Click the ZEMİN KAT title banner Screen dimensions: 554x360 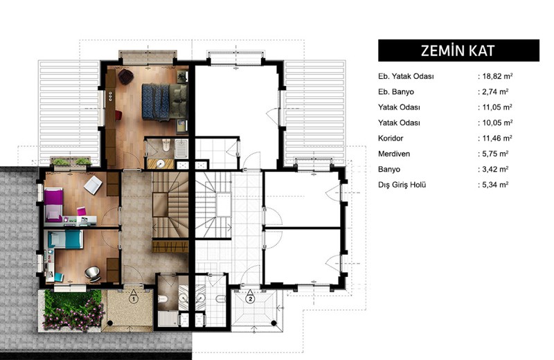[x=458, y=51]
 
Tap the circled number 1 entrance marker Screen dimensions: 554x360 [x=133, y=299]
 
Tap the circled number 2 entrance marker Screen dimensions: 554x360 [x=250, y=299]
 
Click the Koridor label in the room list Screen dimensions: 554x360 [x=391, y=138]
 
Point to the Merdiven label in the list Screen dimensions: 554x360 [x=394, y=154]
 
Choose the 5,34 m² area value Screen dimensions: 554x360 [x=495, y=184]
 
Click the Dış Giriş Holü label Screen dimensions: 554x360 [x=402, y=185]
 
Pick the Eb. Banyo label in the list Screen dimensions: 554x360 [x=395, y=92]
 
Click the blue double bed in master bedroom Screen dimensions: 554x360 [x=164, y=102]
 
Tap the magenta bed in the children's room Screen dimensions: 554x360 [x=53, y=204]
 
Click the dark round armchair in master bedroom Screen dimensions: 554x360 [x=125, y=77]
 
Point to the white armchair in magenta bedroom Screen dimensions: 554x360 [x=93, y=185]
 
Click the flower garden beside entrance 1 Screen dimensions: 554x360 [x=73, y=310]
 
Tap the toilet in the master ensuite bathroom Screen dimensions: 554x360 [x=166, y=145]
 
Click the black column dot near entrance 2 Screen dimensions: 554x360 [x=274, y=323]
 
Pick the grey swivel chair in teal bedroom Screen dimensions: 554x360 [x=92, y=273]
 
